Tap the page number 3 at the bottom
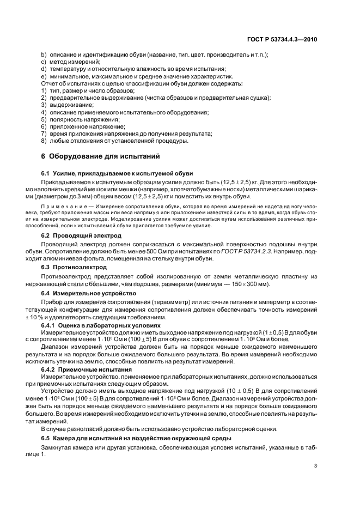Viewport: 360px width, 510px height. [316, 466]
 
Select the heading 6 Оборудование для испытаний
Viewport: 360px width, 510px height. [100, 156]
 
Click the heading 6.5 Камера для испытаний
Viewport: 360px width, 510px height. [137, 439]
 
